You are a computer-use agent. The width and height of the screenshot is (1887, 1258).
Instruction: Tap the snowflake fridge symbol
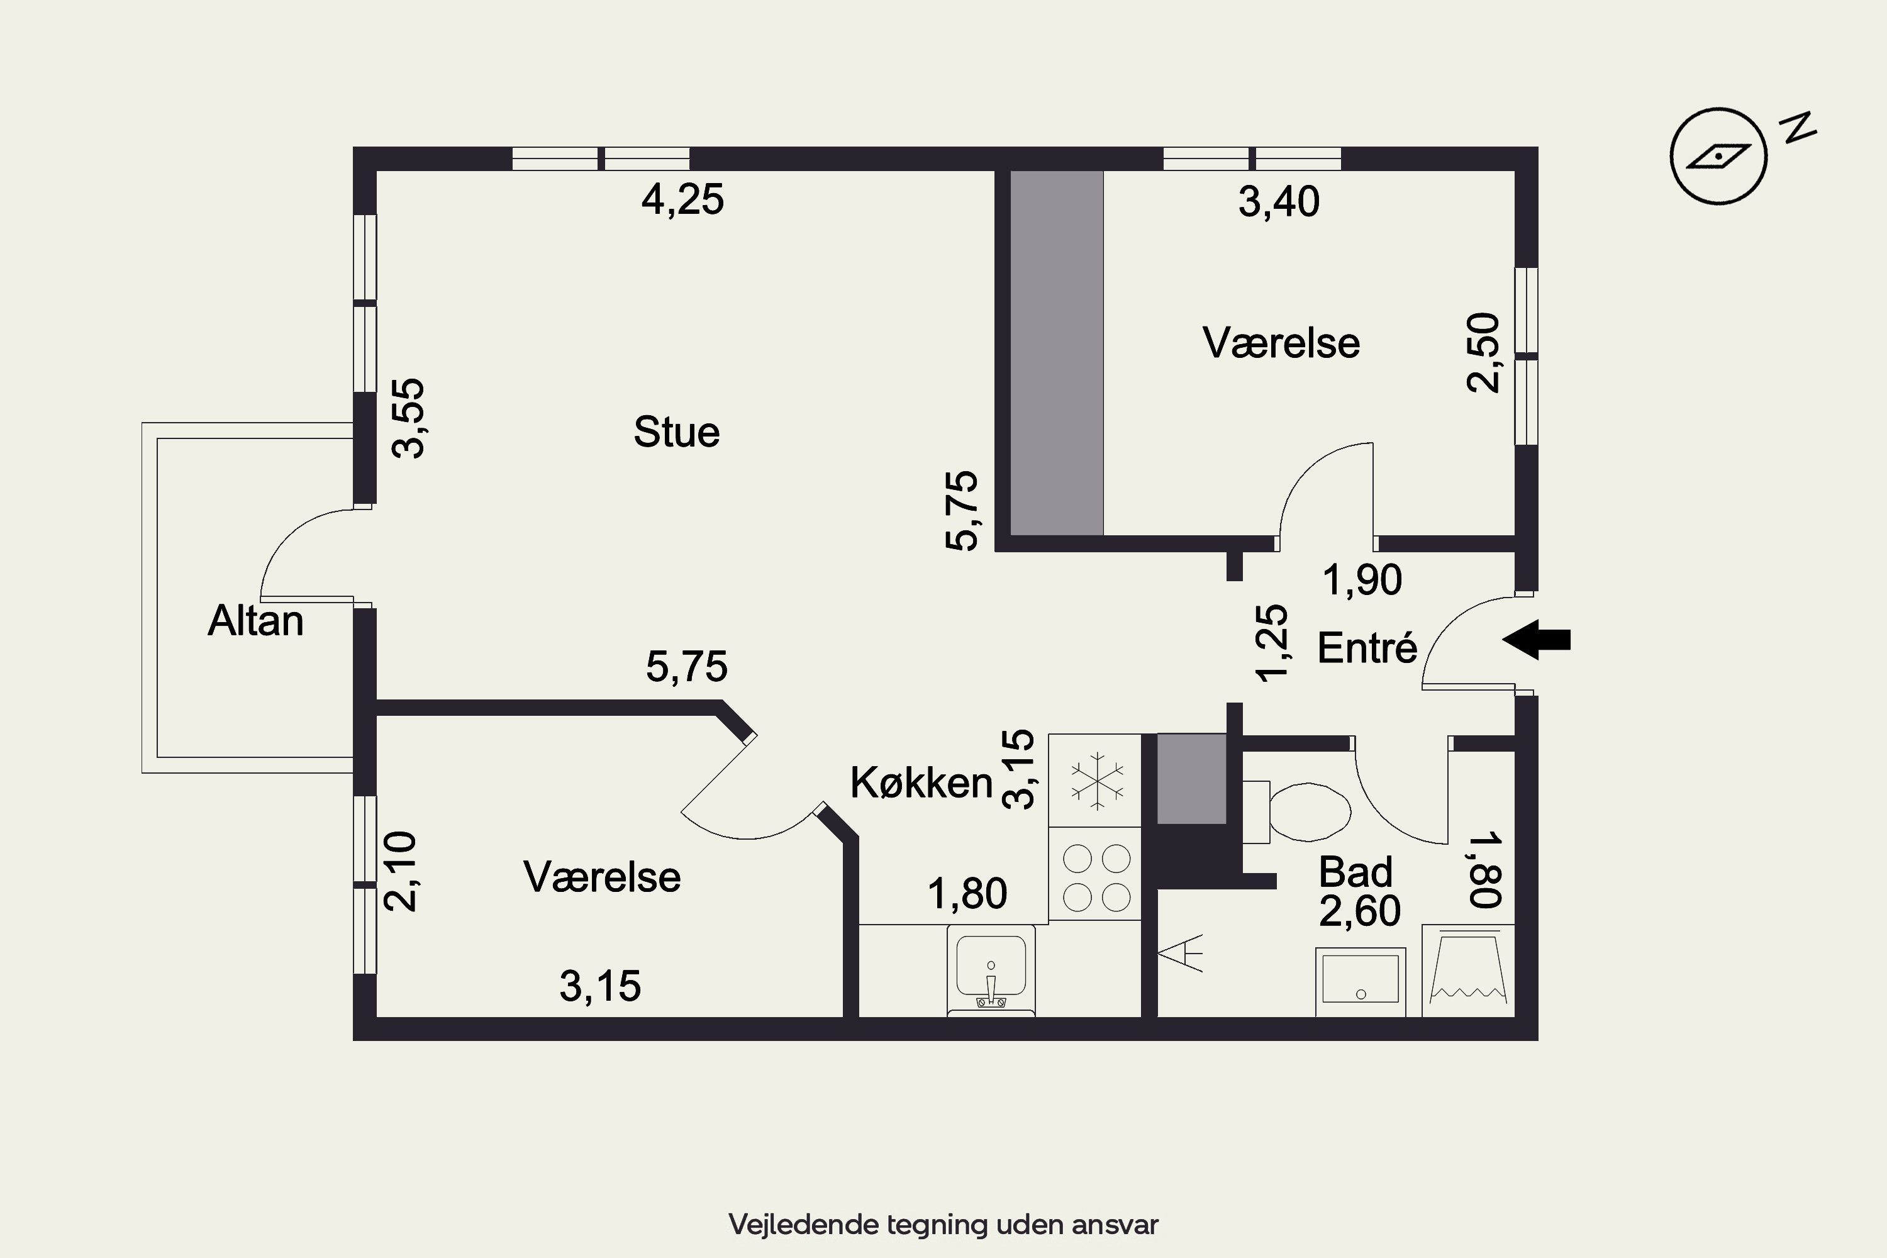pyautogui.click(x=1096, y=780)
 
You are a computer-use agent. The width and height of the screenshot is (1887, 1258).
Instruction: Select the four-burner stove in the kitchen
pyautogui.click(x=1095, y=874)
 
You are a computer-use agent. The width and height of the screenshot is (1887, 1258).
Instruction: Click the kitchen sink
pyautogui.click(x=991, y=971)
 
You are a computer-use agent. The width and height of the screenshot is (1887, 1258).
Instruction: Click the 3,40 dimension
pyautogui.click(x=1279, y=201)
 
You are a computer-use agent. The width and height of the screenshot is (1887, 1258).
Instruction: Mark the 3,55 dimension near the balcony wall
pyautogui.click(x=408, y=418)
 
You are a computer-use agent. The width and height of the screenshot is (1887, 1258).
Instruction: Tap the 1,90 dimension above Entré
pyautogui.click(x=1362, y=579)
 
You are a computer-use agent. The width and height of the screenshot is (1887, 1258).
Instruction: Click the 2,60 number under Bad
pyautogui.click(x=1360, y=911)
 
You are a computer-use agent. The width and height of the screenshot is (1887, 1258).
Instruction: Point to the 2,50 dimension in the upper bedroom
pyautogui.click(x=1483, y=352)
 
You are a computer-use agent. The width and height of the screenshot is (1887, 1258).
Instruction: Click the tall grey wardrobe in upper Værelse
pyautogui.click(x=1057, y=353)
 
